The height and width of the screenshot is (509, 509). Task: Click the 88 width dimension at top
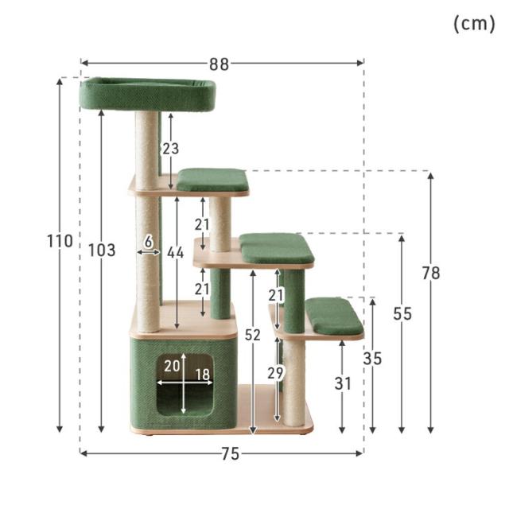coord(220,64)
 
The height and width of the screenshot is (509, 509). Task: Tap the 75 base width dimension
coord(230,453)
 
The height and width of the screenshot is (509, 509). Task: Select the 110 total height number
coord(60,241)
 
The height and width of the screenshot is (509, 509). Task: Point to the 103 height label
coord(102,251)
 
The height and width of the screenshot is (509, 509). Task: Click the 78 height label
coord(431,273)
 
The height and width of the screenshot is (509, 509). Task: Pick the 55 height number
coord(402,314)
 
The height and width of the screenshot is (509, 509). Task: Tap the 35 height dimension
coord(372,359)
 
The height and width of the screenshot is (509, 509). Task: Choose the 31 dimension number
coord(343,383)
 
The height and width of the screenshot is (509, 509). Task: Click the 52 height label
coord(253,335)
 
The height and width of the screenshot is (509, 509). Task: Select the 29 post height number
coord(276,373)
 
